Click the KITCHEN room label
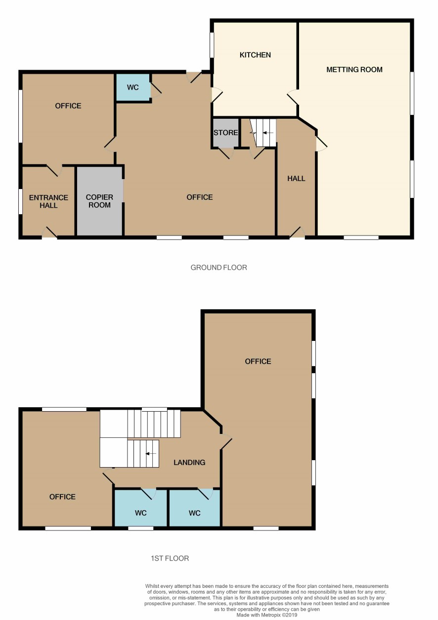[x=255, y=55]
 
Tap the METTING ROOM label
[x=354, y=69]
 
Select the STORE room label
[x=225, y=133]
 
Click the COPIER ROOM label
[x=99, y=201]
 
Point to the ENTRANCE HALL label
[x=48, y=201]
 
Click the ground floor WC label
[x=132, y=88]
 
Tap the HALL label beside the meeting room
[x=296, y=179]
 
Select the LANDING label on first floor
[x=189, y=462]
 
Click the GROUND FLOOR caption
[x=219, y=267]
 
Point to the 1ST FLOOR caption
[x=170, y=558]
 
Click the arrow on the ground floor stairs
[x=267, y=133]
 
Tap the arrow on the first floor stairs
[x=151, y=454]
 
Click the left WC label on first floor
[x=141, y=513]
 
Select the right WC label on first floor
[x=194, y=513]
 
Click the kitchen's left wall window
[x=212, y=45]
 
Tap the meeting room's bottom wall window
[x=361, y=238]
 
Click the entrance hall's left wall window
[x=20, y=201]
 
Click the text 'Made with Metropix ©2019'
[x=267, y=615]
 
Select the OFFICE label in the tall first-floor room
[x=258, y=361]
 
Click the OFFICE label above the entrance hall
[x=68, y=106]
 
